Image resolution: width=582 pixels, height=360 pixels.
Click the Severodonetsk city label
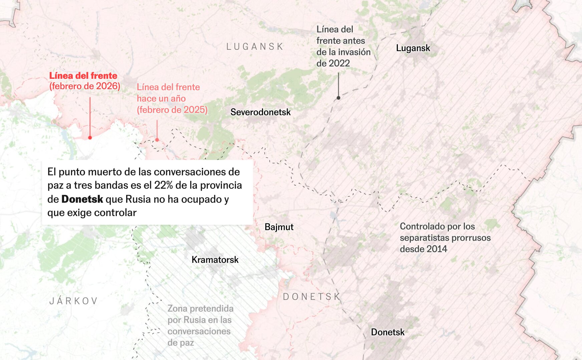pos(260,112)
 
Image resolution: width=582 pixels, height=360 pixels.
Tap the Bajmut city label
pos(279,227)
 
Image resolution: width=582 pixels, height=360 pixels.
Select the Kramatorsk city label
pos(215,260)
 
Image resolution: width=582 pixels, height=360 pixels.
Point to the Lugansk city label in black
pos(413,48)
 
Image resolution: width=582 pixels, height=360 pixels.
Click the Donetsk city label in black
pos(387,332)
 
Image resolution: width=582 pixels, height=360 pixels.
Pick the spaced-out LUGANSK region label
pos(255,47)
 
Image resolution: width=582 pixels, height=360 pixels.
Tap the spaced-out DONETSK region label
pos(311,297)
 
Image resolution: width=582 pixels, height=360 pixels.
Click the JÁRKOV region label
pos(73,301)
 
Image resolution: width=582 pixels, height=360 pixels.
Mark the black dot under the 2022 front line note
pos(338,98)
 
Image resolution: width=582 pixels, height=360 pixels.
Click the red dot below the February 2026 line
pos(90,138)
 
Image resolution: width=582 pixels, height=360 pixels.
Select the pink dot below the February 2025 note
pos(157,140)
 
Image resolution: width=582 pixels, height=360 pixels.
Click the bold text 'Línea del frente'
pos(83,76)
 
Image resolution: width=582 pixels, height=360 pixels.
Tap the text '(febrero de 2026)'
pos(85,86)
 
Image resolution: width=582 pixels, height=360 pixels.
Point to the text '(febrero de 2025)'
pos(172,110)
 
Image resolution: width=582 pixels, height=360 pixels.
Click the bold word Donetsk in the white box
pos(82,199)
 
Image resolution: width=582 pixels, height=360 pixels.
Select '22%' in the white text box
pos(163,185)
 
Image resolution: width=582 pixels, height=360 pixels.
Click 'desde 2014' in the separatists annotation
pos(423,249)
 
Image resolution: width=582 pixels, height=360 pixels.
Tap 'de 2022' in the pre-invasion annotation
pos(333,63)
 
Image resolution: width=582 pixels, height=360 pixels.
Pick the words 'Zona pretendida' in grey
pos(200,309)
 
